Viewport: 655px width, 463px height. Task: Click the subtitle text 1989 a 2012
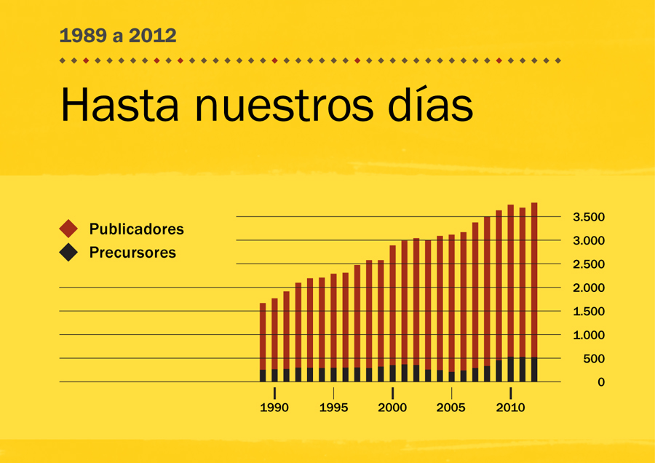pos(118,35)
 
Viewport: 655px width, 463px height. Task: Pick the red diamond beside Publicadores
pos(68,229)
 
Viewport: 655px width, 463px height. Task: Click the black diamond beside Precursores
pos(68,253)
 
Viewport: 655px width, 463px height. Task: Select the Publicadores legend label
pos(136,229)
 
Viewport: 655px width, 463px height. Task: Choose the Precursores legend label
pos(132,253)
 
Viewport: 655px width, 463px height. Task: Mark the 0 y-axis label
pos(600,382)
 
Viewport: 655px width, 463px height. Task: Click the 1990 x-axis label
pos(274,408)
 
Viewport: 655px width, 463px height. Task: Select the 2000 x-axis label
pos(392,408)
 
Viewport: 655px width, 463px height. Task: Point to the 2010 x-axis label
pos(510,408)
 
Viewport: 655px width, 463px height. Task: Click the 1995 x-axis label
pos(333,408)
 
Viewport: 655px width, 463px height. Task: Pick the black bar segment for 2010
pos(511,369)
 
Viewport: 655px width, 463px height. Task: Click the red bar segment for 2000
pos(392,306)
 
